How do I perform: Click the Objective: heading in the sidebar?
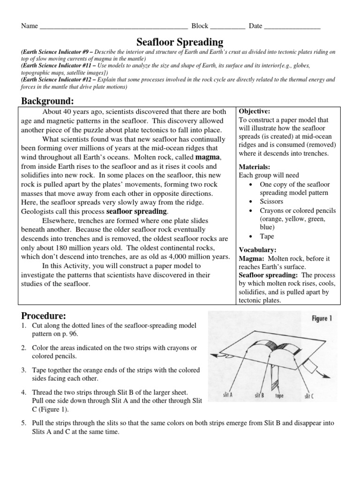pyautogui.click(x=255, y=112)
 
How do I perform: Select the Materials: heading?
pyautogui.click(x=255, y=167)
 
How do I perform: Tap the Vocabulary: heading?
pyautogui.click(x=258, y=250)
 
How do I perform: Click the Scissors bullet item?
pyautogui.click(x=272, y=201)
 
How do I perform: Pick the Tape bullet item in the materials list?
pyautogui.click(x=267, y=236)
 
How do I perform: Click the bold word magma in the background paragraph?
pyautogui.click(x=207, y=156)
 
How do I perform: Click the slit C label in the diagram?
pyautogui.click(x=309, y=396)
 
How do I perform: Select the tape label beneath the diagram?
pyautogui.click(x=280, y=396)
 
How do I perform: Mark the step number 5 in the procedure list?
pyautogui.click(x=23, y=423)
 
